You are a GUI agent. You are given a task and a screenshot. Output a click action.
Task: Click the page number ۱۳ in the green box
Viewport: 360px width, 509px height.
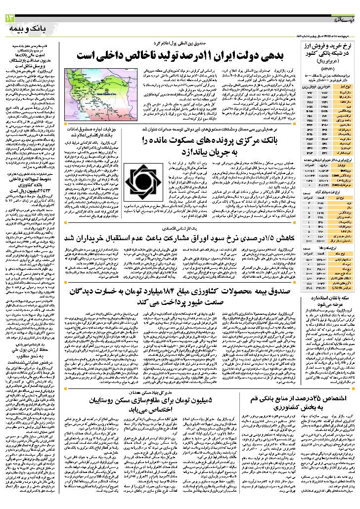(10, 18)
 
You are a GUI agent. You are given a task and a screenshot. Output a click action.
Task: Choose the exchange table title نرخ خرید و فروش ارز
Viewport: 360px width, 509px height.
(329, 46)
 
